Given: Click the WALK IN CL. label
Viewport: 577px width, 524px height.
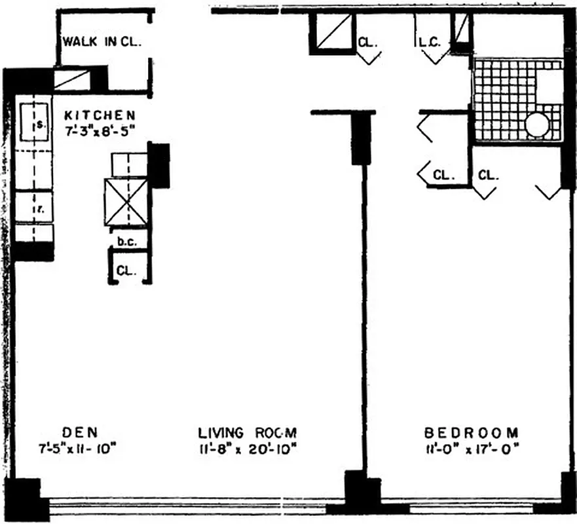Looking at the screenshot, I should [102, 42].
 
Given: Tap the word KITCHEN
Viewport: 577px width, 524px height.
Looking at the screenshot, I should [100, 114].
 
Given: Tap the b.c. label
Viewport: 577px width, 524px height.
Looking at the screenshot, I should [126, 241].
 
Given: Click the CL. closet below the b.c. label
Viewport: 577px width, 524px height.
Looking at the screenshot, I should [126, 269].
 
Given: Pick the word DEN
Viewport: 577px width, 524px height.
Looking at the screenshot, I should [80, 432].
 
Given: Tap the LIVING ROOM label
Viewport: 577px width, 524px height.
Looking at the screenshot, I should [248, 432].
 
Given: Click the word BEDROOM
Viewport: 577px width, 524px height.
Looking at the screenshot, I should [472, 432].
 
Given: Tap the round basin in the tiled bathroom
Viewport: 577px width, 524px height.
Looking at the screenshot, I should [536, 124].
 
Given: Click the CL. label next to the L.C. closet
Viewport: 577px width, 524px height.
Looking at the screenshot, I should [367, 43].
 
